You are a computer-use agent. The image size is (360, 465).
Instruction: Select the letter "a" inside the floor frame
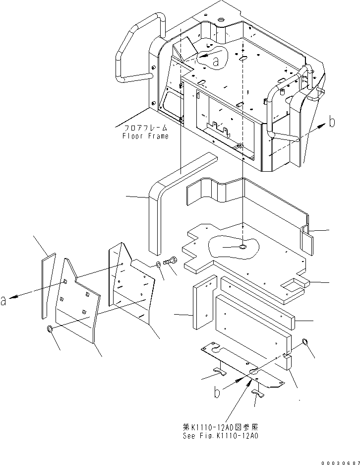click(215, 61)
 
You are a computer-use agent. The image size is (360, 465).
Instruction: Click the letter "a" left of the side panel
click(4, 301)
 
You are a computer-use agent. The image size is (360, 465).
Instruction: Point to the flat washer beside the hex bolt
click(158, 264)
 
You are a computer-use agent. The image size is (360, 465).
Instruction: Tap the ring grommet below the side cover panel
click(51, 330)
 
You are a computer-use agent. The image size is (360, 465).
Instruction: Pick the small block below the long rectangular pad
click(287, 360)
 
